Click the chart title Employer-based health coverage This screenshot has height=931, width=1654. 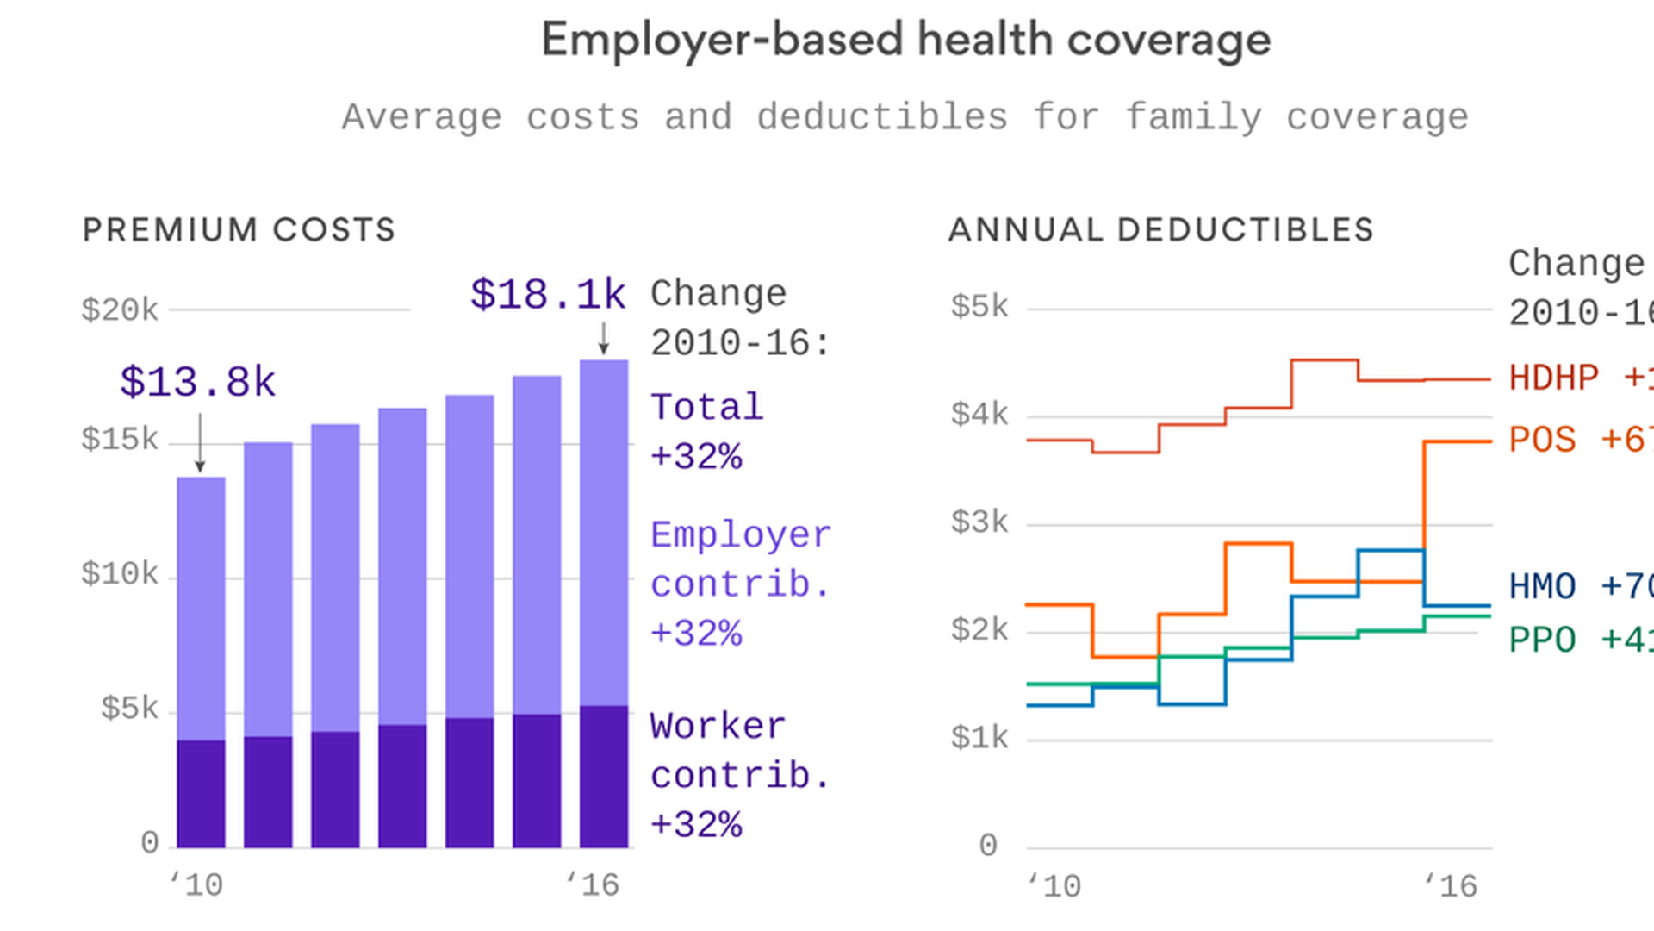[x=905, y=41]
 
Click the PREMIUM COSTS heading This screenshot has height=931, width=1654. [x=239, y=230]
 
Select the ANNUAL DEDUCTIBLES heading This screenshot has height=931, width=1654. [x=1160, y=230]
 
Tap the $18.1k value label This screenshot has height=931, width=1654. [x=548, y=295]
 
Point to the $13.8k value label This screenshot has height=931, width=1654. [x=197, y=382]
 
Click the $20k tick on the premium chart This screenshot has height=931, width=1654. [x=120, y=310]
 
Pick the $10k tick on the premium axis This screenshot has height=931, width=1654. [x=120, y=574]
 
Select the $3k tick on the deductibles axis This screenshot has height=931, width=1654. [x=979, y=522]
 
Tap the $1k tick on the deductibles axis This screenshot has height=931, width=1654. [x=979, y=738]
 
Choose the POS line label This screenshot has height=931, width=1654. [x=1542, y=441]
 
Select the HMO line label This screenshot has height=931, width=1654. [x=1542, y=587]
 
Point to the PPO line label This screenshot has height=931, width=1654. [x=1542, y=640]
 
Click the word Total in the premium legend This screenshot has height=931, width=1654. [x=706, y=408]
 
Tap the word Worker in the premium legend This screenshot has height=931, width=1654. [x=718, y=726]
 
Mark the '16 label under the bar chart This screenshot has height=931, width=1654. [x=593, y=884]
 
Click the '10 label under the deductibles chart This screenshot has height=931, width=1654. [x=1054, y=886]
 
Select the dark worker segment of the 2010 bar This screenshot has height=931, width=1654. [x=201, y=793]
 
